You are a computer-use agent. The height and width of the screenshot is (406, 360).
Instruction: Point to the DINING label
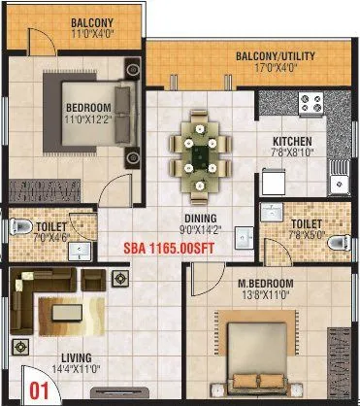pos(202,218)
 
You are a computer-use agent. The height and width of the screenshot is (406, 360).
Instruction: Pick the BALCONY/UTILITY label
pos(276,56)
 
